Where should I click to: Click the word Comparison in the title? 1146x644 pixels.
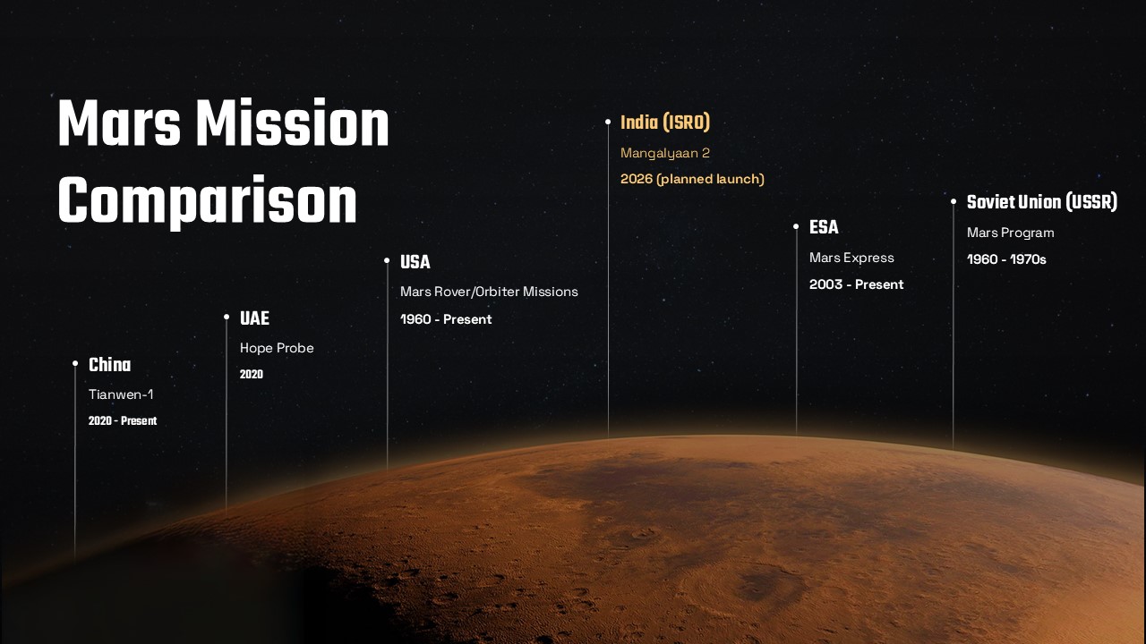(x=207, y=203)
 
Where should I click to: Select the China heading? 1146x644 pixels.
(x=109, y=365)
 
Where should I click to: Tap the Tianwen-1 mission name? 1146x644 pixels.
(x=121, y=394)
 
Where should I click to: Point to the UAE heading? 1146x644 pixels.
(x=254, y=318)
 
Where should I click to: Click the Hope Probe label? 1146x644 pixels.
(x=277, y=348)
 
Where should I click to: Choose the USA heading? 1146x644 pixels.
(x=415, y=262)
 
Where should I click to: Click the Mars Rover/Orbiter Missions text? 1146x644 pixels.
(x=489, y=292)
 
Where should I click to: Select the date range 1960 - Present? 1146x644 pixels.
(x=446, y=319)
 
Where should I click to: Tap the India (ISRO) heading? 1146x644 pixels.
(x=664, y=123)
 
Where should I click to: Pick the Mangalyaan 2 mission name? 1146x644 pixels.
(x=665, y=153)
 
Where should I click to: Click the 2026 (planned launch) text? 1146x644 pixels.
(x=692, y=179)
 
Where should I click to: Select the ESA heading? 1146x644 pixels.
(x=824, y=227)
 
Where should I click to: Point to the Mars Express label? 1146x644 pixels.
(x=851, y=258)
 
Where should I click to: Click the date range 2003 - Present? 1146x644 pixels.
(x=856, y=284)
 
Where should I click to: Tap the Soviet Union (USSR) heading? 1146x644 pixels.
(x=1042, y=202)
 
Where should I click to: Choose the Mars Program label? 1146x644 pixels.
(x=1010, y=233)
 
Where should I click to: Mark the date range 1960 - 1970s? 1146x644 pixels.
(x=1006, y=259)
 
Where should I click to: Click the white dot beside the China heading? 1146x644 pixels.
(x=75, y=363)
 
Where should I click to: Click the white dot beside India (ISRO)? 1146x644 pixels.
(x=608, y=122)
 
